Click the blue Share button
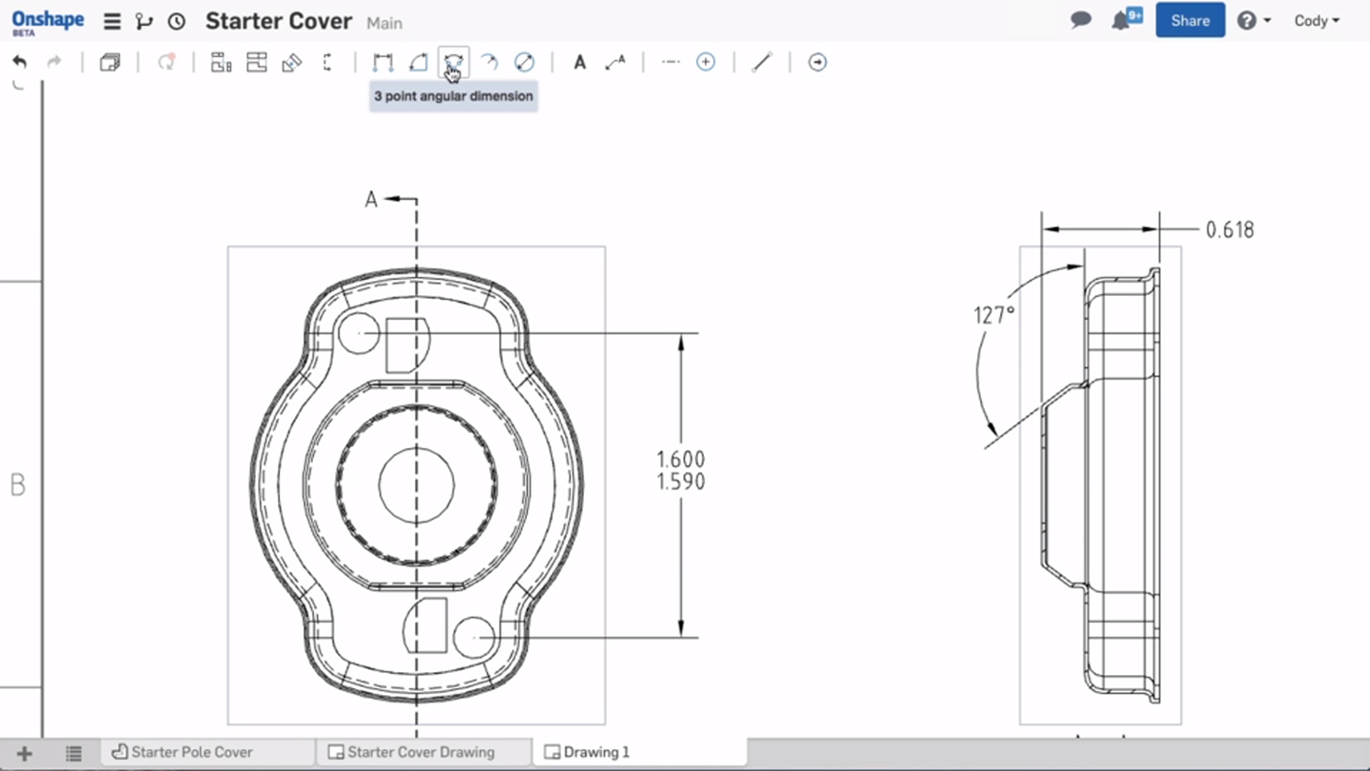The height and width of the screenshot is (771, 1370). tap(1189, 20)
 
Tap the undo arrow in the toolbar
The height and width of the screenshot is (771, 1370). tap(19, 63)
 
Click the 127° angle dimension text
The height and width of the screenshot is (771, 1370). tap(994, 315)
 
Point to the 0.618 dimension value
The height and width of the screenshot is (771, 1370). tap(1229, 229)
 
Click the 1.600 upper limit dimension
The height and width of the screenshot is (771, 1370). tap(681, 460)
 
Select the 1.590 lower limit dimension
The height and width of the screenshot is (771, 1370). tap(681, 483)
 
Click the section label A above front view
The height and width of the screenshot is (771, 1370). tap(371, 199)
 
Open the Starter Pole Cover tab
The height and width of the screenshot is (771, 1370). tap(191, 752)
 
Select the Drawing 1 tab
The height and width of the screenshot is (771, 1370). tap(596, 752)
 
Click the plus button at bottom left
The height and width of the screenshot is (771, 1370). tap(25, 753)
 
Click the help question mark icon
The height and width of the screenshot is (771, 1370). tap(1246, 20)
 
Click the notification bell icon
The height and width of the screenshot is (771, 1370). tap(1122, 20)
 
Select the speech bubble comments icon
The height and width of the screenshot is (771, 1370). tap(1081, 20)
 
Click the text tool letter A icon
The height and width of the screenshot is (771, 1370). tap(579, 63)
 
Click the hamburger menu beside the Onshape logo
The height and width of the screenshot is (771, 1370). tap(112, 21)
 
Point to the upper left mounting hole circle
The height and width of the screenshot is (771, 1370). tap(360, 333)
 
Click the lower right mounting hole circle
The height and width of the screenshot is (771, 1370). tap(474, 637)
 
